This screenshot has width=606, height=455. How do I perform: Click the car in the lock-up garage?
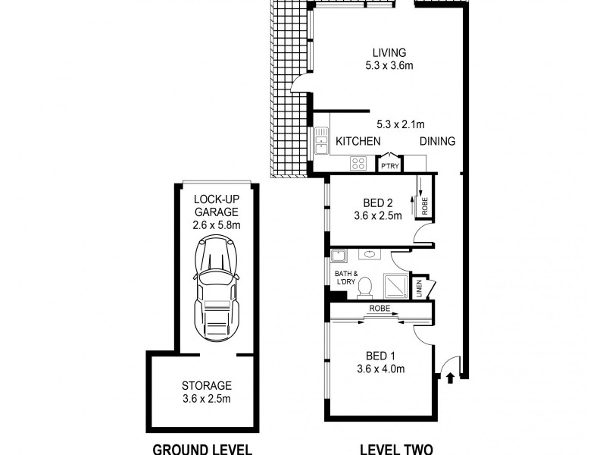pyautogui.click(x=216, y=288)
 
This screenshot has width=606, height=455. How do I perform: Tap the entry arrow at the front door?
pyautogui.click(x=450, y=378)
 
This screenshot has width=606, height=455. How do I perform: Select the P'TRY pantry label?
pyautogui.click(x=389, y=166)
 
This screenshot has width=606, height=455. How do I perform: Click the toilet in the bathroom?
pyautogui.click(x=364, y=288)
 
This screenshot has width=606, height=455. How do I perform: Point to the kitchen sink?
pyautogui.click(x=321, y=141)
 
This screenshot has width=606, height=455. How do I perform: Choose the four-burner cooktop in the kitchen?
pyautogui.click(x=358, y=163)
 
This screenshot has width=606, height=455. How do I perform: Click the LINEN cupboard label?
pyautogui.click(x=420, y=289)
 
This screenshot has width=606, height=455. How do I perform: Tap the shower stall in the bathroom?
pyautogui.click(x=395, y=286)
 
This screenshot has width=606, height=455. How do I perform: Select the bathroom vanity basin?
pyautogui.click(x=370, y=255)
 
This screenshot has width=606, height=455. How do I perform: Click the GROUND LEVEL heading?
pyautogui.click(x=202, y=450)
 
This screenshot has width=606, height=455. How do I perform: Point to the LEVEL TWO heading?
pyautogui.click(x=396, y=450)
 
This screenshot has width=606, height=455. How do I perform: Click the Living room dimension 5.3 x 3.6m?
pyautogui.click(x=389, y=65)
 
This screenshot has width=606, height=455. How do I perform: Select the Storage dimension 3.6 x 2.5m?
pyautogui.click(x=207, y=399)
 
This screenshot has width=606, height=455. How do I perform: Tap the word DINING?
pyautogui.click(x=438, y=141)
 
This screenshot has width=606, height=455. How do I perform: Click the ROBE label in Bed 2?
pyautogui.click(x=425, y=206)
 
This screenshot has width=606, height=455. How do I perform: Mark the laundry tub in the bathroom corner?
pyautogui.click(x=339, y=256)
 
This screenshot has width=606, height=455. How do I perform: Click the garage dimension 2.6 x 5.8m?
pyautogui.click(x=217, y=224)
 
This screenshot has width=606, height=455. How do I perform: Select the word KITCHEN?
pyautogui.click(x=358, y=141)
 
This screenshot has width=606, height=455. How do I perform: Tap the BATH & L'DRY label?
pyautogui.click(x=346, y=278)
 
